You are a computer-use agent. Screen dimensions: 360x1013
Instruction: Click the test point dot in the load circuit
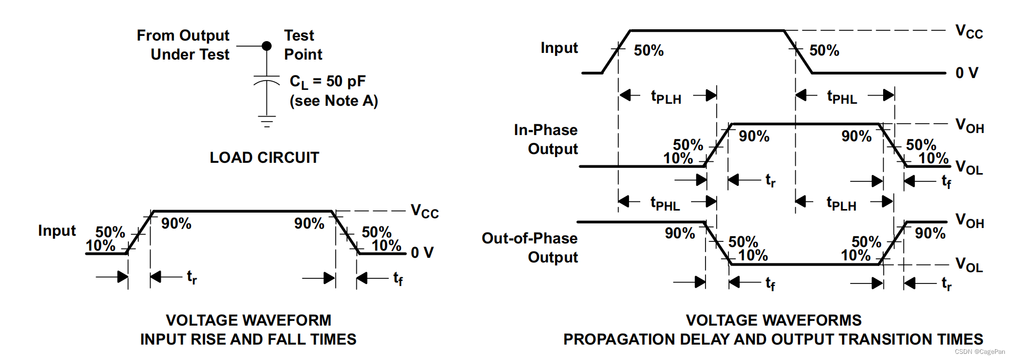266,46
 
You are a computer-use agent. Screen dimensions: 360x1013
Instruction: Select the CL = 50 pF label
328,82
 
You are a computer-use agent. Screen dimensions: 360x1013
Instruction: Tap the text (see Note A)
334,101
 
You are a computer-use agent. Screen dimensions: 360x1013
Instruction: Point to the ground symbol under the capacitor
266,122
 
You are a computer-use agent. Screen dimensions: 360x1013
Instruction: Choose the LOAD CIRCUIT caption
264,158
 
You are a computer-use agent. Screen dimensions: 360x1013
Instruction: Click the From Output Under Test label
183,45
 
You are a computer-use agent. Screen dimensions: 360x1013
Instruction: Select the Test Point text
303,45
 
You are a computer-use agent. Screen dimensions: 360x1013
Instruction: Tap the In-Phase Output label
546,139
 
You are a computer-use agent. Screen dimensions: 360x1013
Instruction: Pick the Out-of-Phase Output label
530,248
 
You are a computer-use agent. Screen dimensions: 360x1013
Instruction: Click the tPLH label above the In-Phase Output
666,97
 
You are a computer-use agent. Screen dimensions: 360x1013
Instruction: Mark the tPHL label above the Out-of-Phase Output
665,203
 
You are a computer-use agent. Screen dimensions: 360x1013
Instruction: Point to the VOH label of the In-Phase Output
969,125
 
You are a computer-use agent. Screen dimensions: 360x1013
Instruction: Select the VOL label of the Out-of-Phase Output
969,265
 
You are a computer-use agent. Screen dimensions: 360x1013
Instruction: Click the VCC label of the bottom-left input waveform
425,211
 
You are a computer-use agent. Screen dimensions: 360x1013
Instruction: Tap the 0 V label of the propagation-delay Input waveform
967,73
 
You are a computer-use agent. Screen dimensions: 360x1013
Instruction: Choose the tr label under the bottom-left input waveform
192,277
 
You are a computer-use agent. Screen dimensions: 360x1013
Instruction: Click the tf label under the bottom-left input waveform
398,278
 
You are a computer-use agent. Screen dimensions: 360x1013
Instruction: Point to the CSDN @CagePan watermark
980,352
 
